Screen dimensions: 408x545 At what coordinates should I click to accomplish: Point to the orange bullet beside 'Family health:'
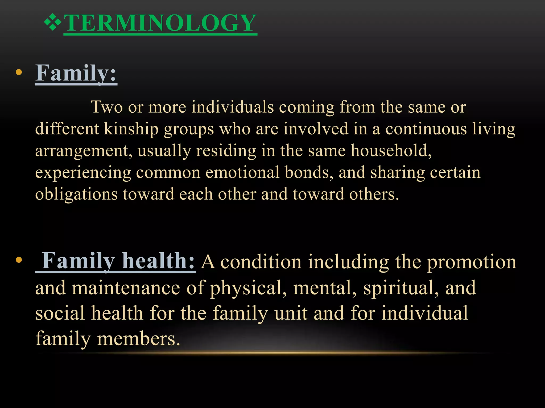19,260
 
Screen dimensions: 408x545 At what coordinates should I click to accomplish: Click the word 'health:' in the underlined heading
159,261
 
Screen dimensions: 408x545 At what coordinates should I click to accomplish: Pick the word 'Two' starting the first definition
107,107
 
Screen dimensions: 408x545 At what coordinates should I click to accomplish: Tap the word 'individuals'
233,107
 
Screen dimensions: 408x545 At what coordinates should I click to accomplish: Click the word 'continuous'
426,129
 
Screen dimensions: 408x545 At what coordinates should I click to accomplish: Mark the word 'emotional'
242,172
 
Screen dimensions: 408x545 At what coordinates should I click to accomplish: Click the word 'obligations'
76,194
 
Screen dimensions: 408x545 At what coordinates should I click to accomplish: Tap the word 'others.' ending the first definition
374,194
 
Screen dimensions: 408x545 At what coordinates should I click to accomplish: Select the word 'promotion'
472,262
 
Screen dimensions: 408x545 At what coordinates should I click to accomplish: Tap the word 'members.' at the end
139,339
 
